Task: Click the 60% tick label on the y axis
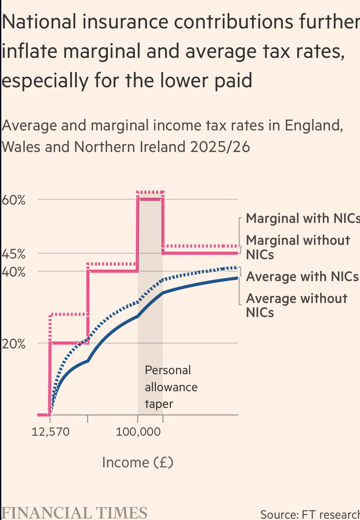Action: click(13, 200)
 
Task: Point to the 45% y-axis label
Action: click(13, 254)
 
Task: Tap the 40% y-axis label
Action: click(13, 272)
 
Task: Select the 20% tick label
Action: click(13, 344)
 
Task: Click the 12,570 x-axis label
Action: click(50, 432)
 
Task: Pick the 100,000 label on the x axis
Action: click(138, 432)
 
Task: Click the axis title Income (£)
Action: click(138, 462)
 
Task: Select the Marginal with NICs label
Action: click(303, 218)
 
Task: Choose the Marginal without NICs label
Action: click(297, 247)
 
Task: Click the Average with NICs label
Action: click(302, 277)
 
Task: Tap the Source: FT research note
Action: click(310, 514)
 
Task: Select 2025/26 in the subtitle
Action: click(220, 147)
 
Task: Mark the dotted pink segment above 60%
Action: click(150, 192)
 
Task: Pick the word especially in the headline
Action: click(45, 81)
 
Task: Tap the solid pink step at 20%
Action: click(69, 343)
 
